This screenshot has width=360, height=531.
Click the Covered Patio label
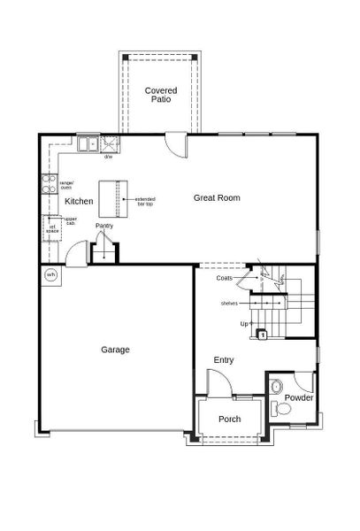coord(160,96)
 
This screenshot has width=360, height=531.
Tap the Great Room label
coord(217,198)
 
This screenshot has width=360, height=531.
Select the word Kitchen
coord(79,202)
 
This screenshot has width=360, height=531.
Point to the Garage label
coord(115,350)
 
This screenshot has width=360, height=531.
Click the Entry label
coord(224,360)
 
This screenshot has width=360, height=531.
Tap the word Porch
coord(230,419)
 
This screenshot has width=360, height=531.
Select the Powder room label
coord(298,397)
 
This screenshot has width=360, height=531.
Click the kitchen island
coord(111,198)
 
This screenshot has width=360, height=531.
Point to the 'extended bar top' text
coord(144,202)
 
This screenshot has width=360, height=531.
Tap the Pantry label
coord(105,226)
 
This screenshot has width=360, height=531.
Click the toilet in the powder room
coord(278,408)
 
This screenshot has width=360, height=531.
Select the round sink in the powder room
coord(276,386)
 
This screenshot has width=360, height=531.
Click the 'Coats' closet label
coord(225,278)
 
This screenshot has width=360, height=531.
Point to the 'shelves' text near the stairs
coord(229,304)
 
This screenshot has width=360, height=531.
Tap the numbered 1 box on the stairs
coord(263,335)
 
